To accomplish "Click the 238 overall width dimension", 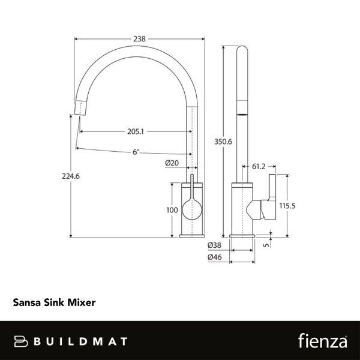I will (139, 39).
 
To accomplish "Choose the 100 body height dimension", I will (172, 210).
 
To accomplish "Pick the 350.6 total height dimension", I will (223, 142).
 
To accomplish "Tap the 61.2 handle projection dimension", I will (259, 166).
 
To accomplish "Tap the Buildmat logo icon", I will (23, 341).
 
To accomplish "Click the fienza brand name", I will (322, 341).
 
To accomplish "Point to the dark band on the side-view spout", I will (242, 112).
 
